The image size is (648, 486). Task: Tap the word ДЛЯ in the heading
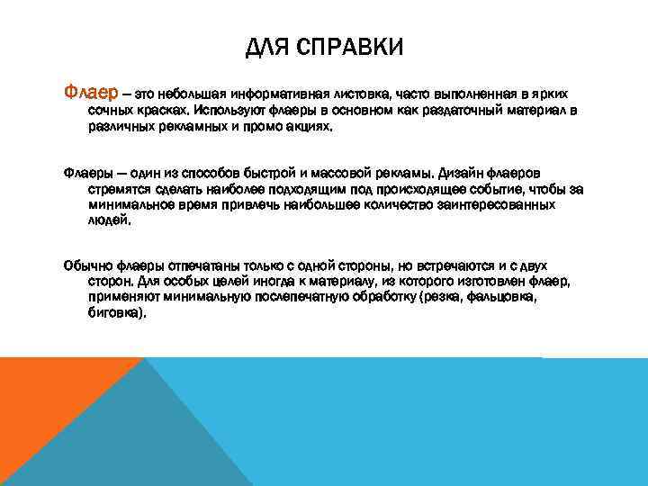pos(266,46)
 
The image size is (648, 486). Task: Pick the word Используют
pos(232,111)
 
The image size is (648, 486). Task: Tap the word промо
pos(272,127)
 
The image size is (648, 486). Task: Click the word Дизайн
pos(463,172)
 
